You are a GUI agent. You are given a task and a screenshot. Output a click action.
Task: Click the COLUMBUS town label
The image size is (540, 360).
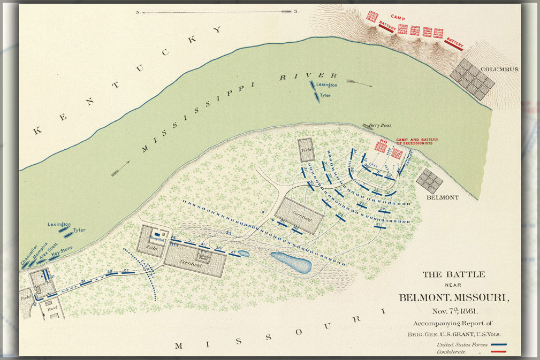(499, 70)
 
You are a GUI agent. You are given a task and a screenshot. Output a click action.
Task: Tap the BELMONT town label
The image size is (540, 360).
(443, 197)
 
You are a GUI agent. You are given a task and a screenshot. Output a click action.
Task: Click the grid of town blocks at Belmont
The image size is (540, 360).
(430, 180)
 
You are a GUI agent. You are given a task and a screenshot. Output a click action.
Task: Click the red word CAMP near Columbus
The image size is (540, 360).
(398, 17)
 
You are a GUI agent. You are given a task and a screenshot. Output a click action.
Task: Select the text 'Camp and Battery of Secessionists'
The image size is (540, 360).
(417, 142)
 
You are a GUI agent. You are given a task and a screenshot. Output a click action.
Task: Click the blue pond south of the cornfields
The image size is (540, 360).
(291, 262)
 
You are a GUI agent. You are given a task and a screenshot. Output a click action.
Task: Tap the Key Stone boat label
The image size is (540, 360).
(62, 251)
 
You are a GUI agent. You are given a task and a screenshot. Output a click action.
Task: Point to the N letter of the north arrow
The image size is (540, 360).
(138, 11)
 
